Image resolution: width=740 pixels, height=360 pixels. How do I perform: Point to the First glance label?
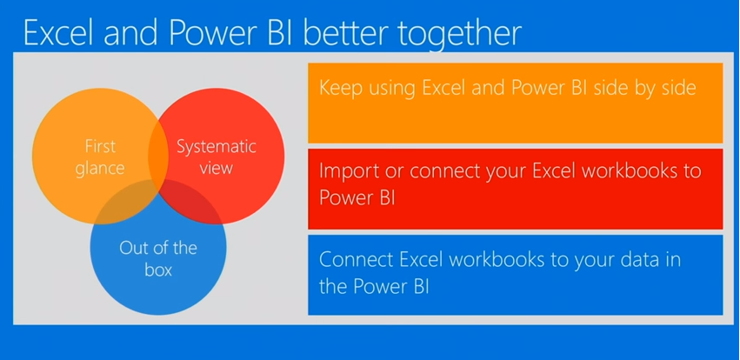(100, 156)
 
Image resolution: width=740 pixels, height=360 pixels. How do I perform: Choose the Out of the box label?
(158, 258)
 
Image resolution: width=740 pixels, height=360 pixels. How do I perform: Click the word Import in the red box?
(347, 170)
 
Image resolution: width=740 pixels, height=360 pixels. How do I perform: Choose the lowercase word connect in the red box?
(437, 170)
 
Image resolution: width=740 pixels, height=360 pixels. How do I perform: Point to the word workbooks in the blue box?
(506, 259)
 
